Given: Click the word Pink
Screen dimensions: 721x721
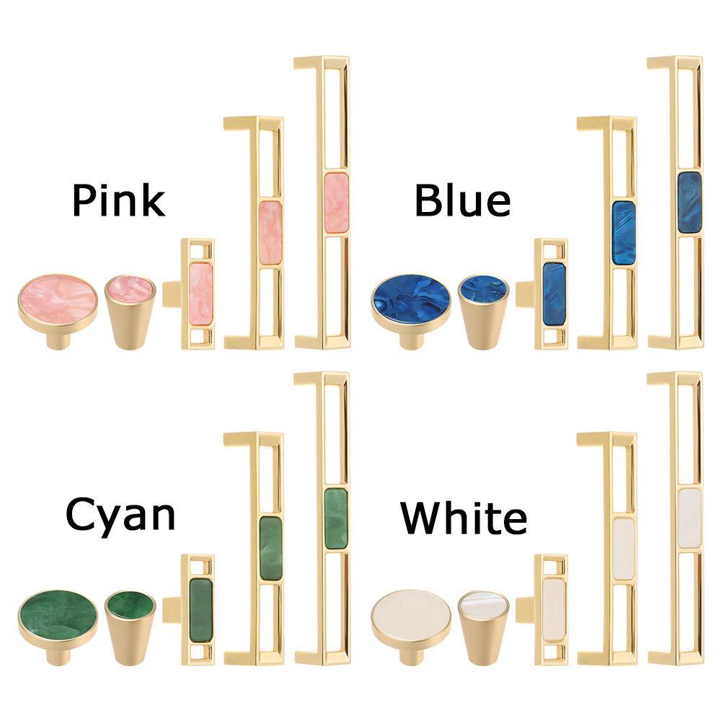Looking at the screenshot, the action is click(119, 200).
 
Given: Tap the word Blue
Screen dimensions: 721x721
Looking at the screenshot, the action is click(463, 200).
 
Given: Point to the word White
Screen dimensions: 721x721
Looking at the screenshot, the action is click(464, 517).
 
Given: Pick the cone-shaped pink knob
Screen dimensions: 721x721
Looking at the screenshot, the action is click(130, 312).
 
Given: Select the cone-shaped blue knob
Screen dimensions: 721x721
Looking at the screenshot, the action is click(483, 312).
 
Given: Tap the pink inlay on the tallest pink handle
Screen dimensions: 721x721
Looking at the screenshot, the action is click(336, 203).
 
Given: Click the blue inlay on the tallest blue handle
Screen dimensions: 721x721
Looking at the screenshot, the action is click(689, 203).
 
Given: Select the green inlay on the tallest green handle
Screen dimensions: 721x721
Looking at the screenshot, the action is click(336, 518).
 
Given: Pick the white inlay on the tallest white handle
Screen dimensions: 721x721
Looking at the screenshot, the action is click(689, 518).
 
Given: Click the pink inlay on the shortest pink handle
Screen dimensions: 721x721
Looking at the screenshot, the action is click(201, 293).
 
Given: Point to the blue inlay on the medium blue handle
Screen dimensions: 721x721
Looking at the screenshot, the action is click(624, 233).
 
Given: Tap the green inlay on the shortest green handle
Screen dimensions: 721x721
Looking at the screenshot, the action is click(201, 609).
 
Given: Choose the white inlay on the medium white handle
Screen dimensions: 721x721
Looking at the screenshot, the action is click(624, 549).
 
